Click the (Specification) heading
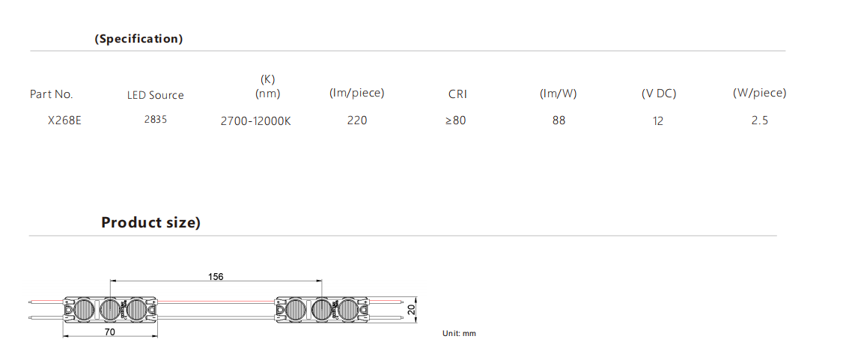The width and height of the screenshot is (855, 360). tap(139, 39)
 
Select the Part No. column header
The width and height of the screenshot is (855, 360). tap(51, 94)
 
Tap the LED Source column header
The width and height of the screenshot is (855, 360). tap(156, 96)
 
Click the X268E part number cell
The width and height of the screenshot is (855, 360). tap(64, 120)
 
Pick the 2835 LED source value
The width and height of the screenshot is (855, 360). tap(156, 120)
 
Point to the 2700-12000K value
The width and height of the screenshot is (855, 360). tap(256, 121)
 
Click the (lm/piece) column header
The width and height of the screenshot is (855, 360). tap(356, 94)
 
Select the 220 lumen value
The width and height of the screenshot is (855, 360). tap(357, 120)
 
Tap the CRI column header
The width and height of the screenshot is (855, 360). tap(458, 94)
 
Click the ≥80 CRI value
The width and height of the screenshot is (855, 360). tap(455, 120)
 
